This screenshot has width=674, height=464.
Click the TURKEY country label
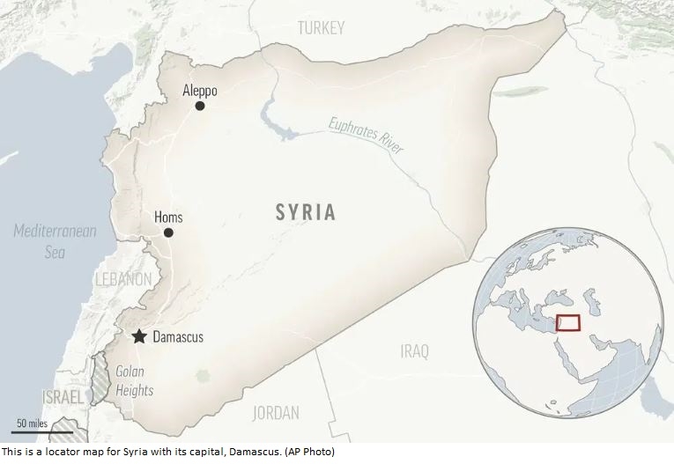(x=321, y=28)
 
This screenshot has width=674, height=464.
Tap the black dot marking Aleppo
(x=200, y=106)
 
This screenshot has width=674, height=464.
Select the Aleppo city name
(x=199, y=90)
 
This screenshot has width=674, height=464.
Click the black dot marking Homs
(x=168, y=233)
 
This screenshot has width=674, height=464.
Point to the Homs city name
(x=168, y=217)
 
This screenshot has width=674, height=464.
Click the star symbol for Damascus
(x=138, y=336)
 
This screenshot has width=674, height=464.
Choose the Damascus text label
(x=178, y=337)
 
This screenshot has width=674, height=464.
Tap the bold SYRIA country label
(x=305, y=212)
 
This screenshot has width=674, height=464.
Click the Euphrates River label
(x=366, y=136)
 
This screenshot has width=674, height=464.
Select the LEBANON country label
(x=122, y=279)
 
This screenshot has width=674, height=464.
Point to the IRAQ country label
(x=414, y=351)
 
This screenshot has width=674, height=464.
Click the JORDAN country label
(x=276, y=412)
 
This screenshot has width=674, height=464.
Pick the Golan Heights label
(x=134, y=381)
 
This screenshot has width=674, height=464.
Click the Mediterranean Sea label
(x=55, y=240)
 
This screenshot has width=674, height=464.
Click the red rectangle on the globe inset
(x=567, y=323)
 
